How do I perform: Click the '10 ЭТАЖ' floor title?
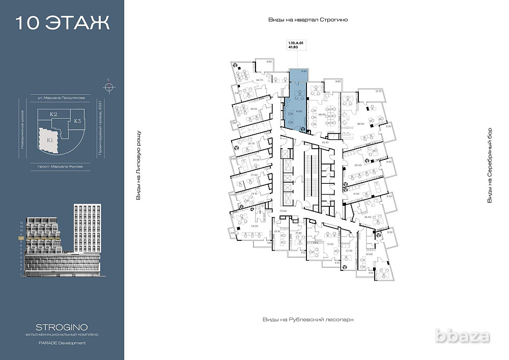[62, 22]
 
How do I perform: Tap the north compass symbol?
[108, 86]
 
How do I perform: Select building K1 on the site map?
[50, 140]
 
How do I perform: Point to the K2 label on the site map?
[53, 115]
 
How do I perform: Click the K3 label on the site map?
[76, 121]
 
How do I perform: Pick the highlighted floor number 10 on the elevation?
[21, 238]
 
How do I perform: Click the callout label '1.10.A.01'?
[295, 44]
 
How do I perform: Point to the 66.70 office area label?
[259, 80]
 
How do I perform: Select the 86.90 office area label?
[361, 124]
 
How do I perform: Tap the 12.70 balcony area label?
[378, 91]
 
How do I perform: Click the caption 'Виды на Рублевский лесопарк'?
[308, 319]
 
